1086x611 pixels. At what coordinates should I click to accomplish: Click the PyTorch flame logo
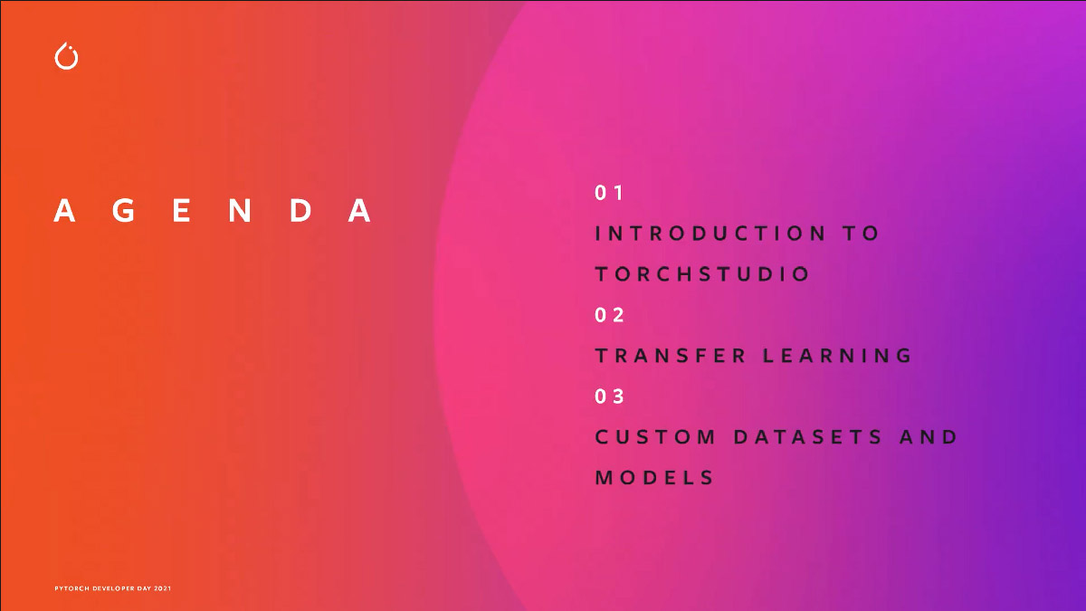66,56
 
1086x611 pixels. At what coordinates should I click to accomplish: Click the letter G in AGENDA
124,210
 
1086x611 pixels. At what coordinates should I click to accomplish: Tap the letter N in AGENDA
240,210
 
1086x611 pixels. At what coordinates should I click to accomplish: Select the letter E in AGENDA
181,210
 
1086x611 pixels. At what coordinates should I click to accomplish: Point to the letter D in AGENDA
300,210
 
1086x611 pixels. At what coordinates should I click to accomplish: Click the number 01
609,193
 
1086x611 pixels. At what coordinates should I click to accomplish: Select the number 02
609,315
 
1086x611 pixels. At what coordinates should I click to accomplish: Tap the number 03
609,396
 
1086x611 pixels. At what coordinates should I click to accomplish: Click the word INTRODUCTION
710,234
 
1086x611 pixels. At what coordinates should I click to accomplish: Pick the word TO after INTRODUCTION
861,234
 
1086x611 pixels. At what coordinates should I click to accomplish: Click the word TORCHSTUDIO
702,274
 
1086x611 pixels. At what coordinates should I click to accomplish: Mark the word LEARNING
837,356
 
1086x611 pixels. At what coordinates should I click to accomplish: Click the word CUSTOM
655,437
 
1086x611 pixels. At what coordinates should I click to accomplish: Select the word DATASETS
807,437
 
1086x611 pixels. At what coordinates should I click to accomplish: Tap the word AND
928,437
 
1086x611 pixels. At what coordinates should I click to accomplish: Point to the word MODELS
654,478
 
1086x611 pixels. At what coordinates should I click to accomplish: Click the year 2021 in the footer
162,588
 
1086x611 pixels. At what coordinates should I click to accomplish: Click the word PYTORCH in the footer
71,588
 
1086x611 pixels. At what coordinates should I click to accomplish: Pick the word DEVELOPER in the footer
113,588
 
